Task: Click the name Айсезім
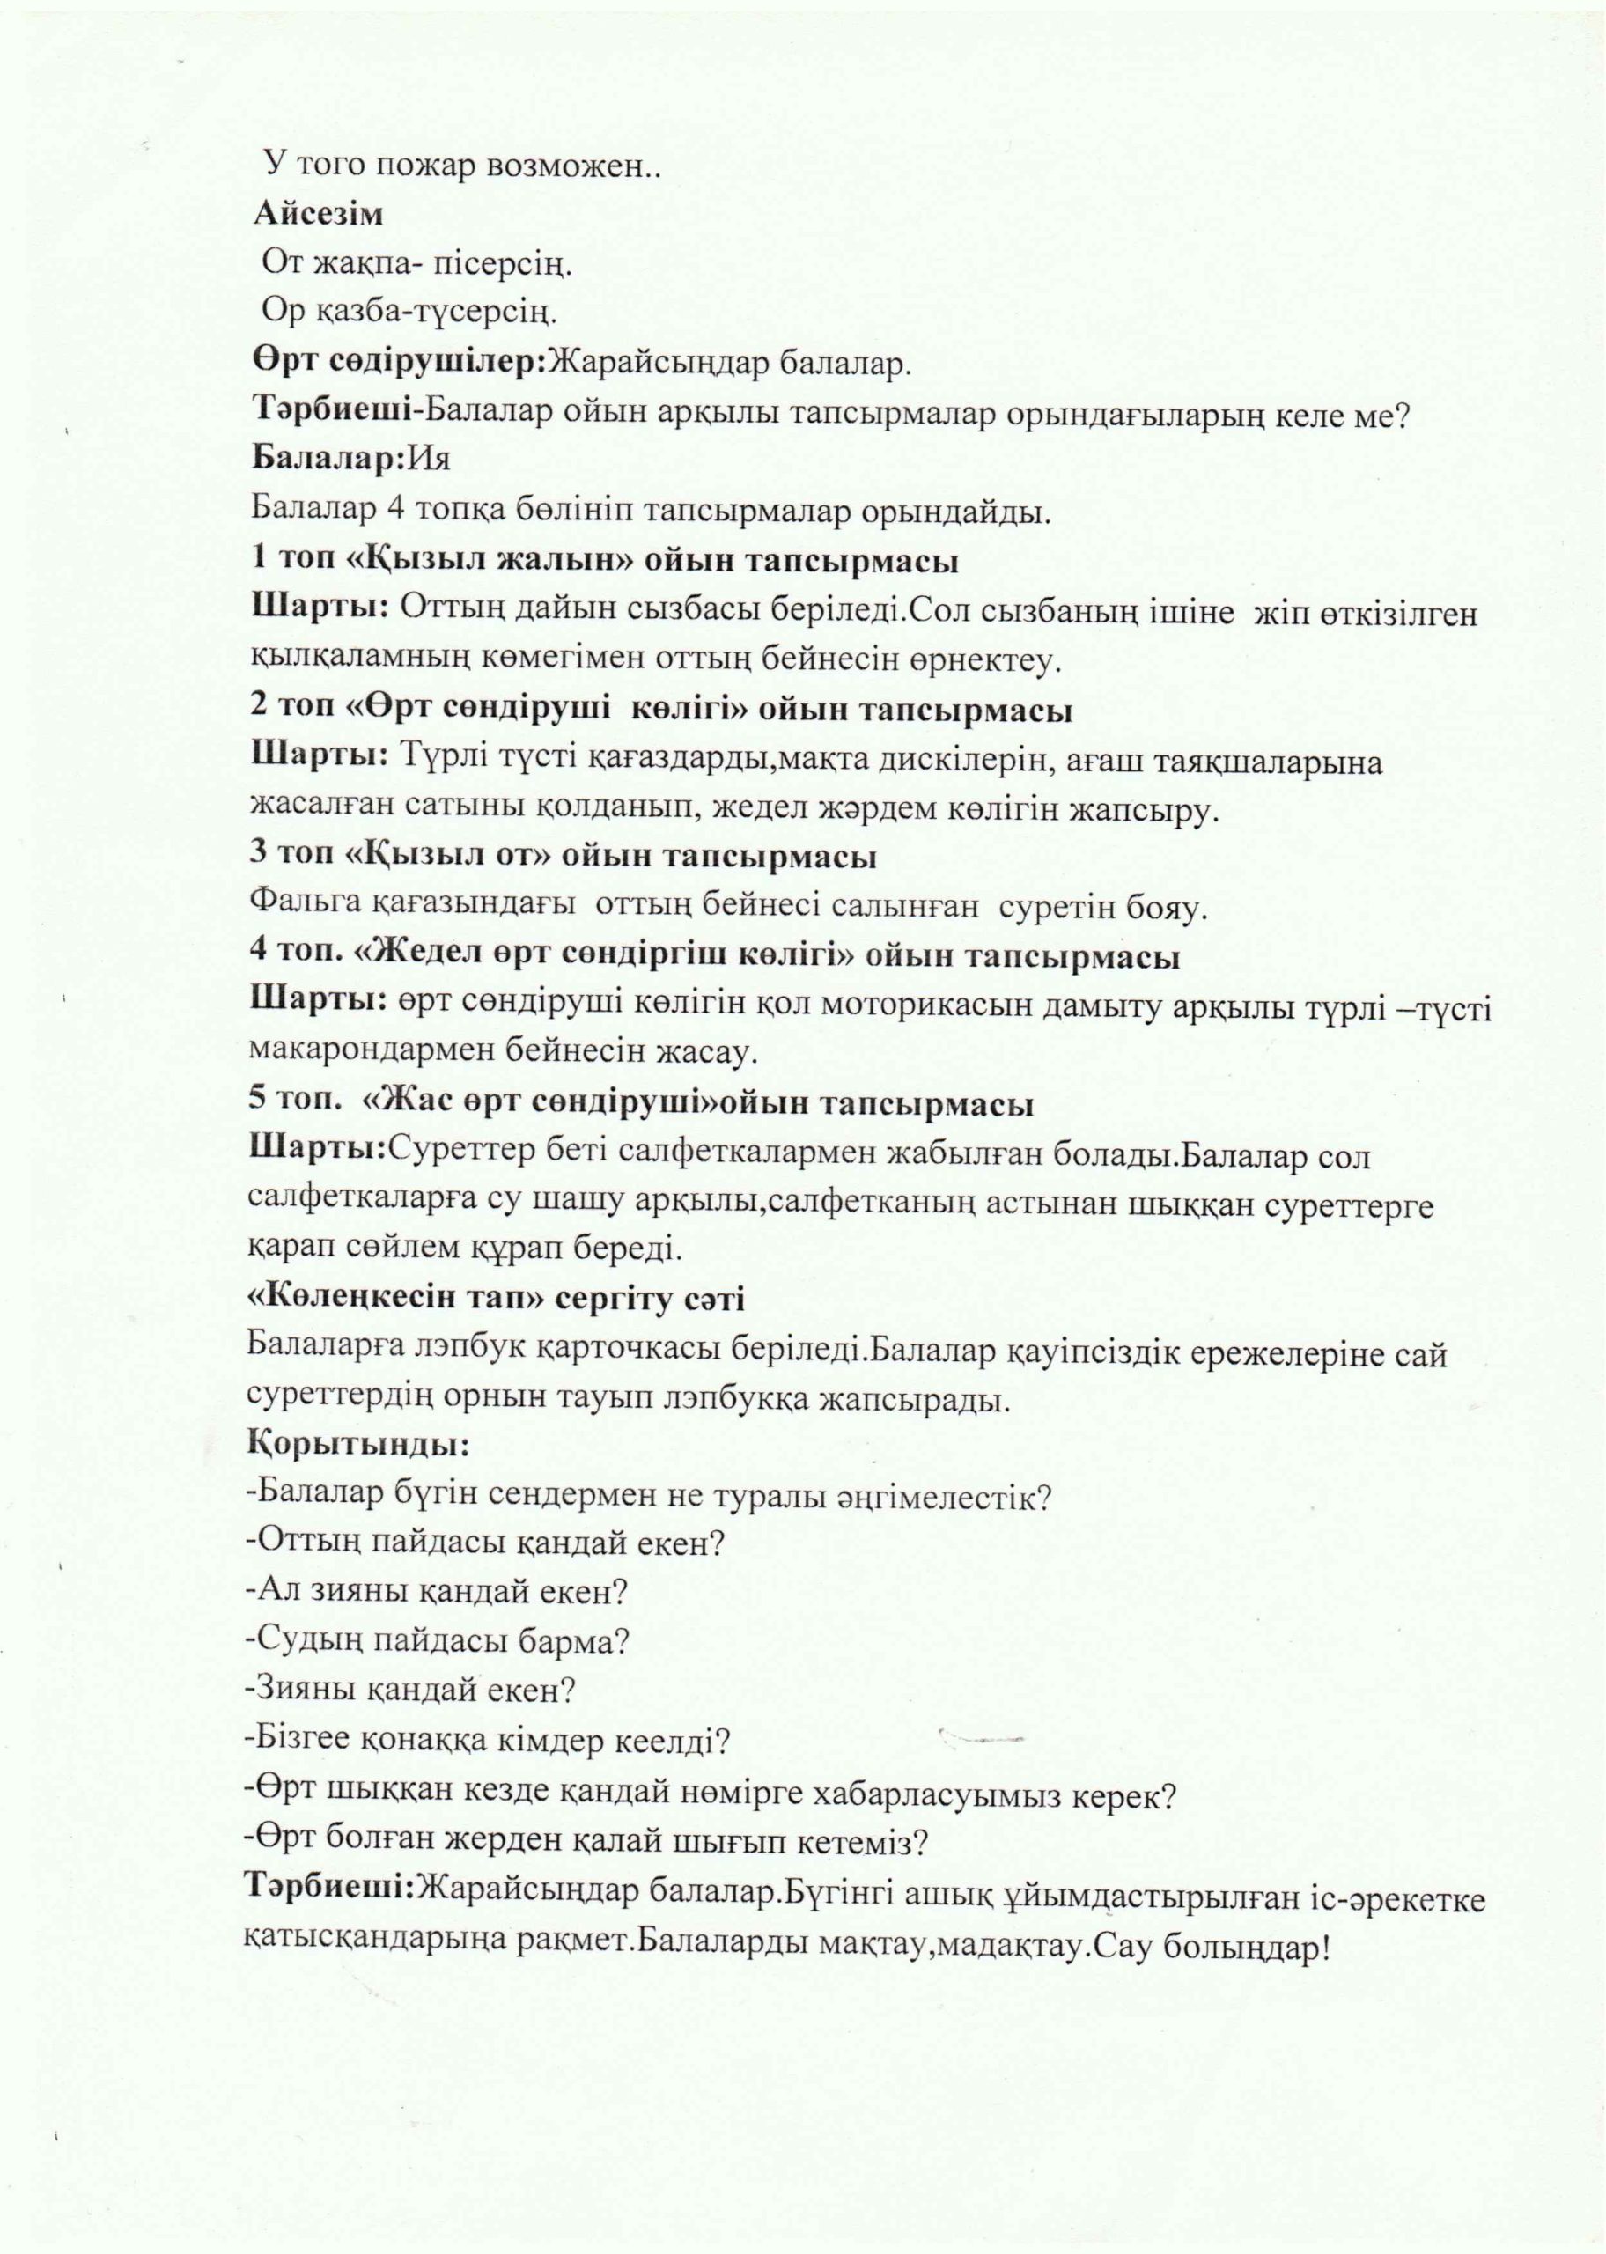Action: click(318, 214)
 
